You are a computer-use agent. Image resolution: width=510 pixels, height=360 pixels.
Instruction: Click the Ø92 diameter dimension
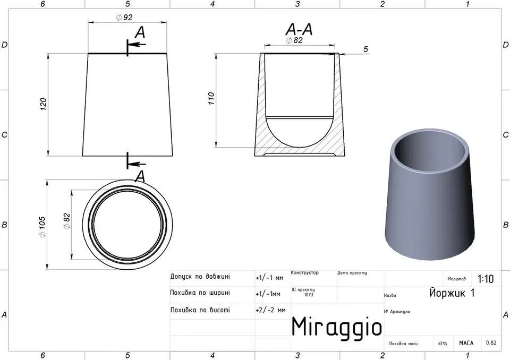[124, 17]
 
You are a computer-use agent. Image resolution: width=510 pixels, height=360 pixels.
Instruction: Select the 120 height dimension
[43, 104]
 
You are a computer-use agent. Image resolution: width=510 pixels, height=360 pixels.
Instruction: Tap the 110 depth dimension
[211, 99]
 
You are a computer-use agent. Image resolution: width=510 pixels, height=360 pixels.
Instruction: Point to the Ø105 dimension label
[42, 227]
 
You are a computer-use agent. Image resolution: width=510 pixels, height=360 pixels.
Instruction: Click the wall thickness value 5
[365, 49]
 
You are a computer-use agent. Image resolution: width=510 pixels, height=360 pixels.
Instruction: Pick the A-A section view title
[299, 30]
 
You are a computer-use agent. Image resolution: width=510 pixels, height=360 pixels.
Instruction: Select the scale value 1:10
[486, 279]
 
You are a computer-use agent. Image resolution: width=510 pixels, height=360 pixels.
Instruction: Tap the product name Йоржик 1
[452, 292]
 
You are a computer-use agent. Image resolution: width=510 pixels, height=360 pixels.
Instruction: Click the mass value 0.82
[491, 343]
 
